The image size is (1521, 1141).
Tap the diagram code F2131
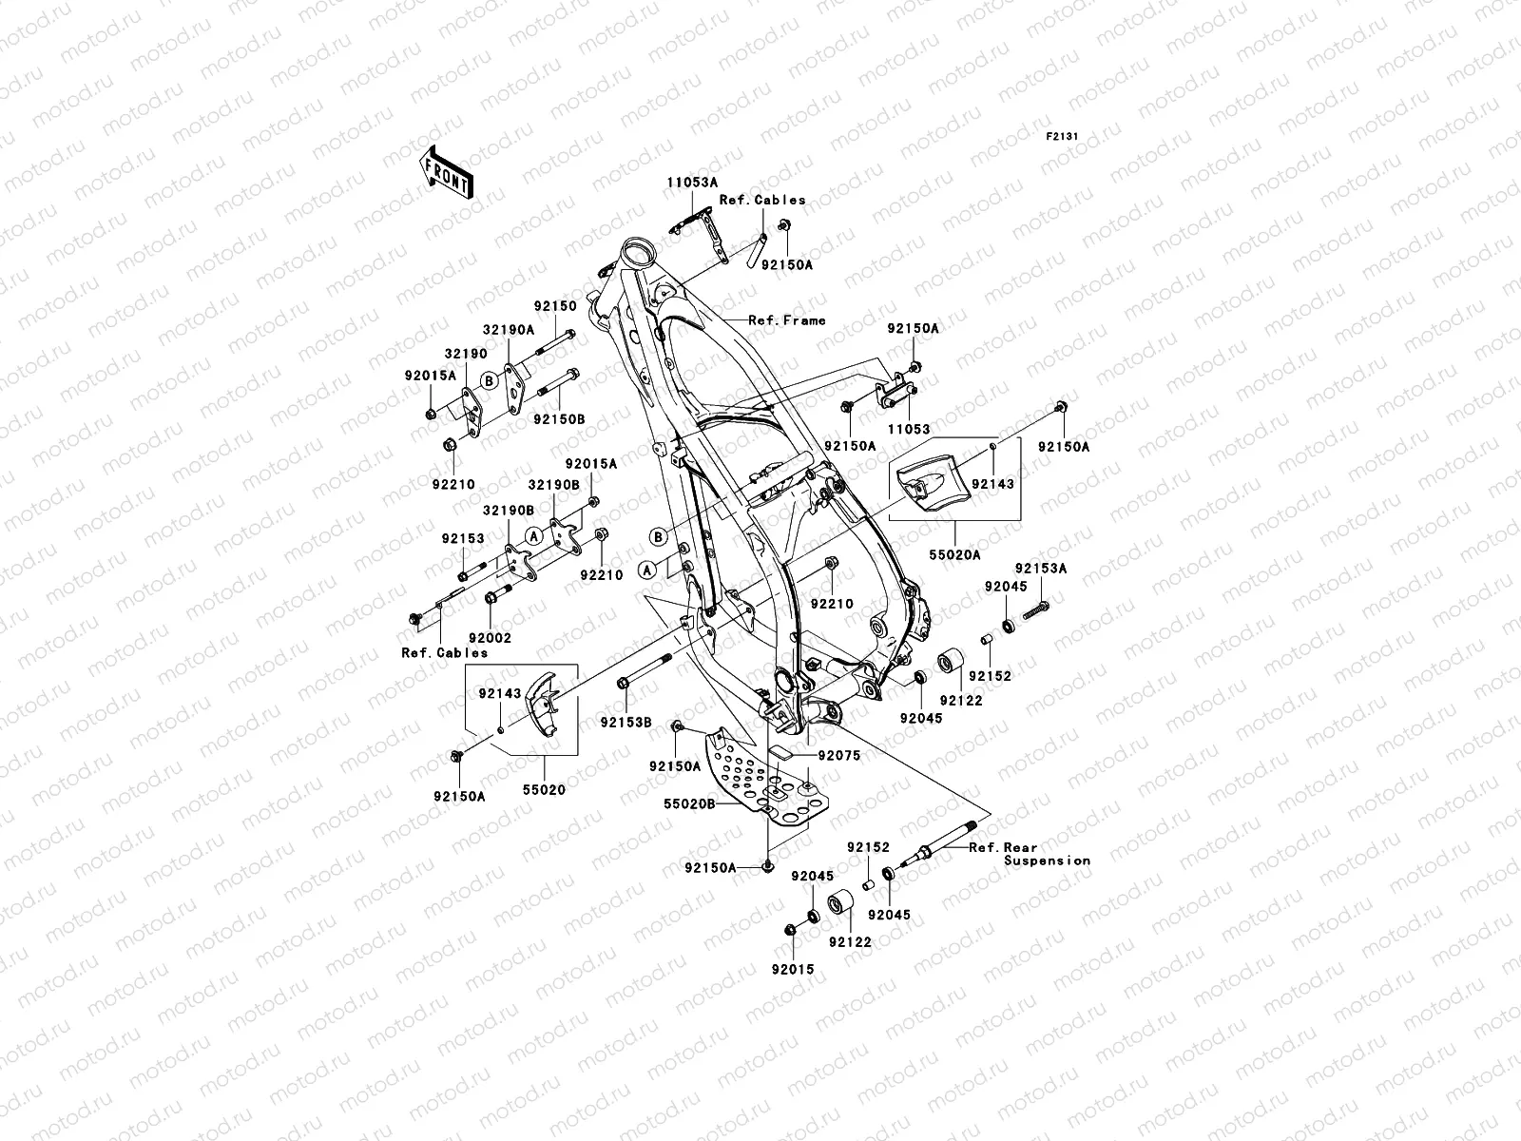[1062, 137]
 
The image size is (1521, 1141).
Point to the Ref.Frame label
[786, 320]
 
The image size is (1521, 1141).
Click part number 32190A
[508, 328]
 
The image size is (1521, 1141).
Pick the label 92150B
[559, 418]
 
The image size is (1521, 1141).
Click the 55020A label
[954, 554]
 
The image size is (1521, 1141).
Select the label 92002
[490, 638]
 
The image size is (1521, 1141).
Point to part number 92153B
[625, 722]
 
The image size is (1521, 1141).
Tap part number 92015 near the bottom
[792, 969]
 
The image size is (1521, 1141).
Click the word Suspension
[1047, 861]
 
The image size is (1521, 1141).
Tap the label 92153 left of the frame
[463, 538]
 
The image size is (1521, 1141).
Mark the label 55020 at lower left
[543, 790]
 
